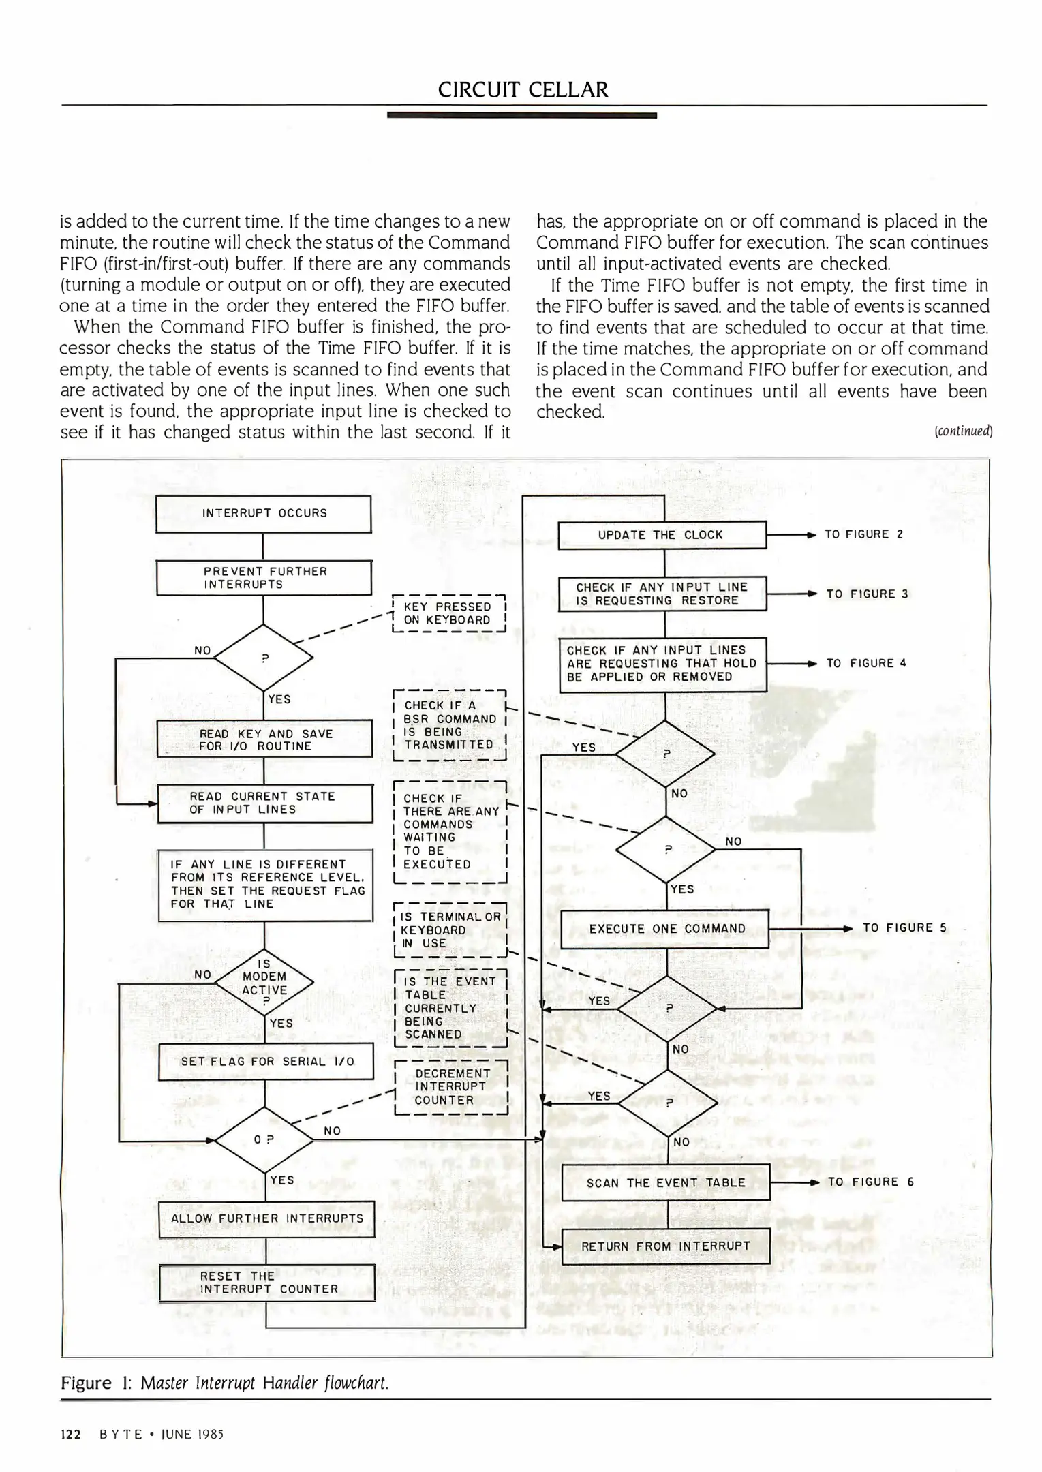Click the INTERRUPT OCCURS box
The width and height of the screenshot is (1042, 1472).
pyautogui.click(x=264, y=514)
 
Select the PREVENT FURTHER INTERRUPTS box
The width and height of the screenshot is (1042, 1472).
pyautogui.click(x=264, y=578)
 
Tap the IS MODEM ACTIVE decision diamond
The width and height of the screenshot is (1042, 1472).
pyautogui.click(x=264, y=982)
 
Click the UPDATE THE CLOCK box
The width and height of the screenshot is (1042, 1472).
pyautogui.click(x=662, y=535)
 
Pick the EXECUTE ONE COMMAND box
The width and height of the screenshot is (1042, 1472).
pyautogui.click(x=664, y=928)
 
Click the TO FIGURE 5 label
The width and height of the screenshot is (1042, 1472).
pyautogui.click(x=904, y=927)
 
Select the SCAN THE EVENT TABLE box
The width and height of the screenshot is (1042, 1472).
pyautogui.click(x=665, y=1182)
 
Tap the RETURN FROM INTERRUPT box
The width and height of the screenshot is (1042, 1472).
pyautogui.click(x=665, y=1246)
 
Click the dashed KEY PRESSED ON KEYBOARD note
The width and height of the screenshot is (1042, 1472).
pyautogui.click(x=448, y=613)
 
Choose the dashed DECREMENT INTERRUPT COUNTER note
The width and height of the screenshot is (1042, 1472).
pyautogui.click(x=451, y=1086)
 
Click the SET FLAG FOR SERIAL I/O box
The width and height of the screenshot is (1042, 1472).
pyautogui.click(x=266, y=1061)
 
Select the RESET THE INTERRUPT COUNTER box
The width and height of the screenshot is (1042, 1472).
pyautogui.click(x=267, y=1282)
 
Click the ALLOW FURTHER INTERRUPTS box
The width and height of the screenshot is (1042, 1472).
pyautogui.click(x=266, y=1218)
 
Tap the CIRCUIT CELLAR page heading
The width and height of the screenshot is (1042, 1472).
pyautogui.click(x=523, y=90)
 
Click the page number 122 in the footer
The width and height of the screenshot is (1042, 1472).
pyautogui.click(x=71, y=1435)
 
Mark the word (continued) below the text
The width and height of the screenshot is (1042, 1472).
pyautogui.click(x=963, y=431)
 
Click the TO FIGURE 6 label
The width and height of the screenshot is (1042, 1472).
pyautogui.click(x=870, y=1182)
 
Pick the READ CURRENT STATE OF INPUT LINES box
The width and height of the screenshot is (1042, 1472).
pyautogui.click(x=264, y=803)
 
